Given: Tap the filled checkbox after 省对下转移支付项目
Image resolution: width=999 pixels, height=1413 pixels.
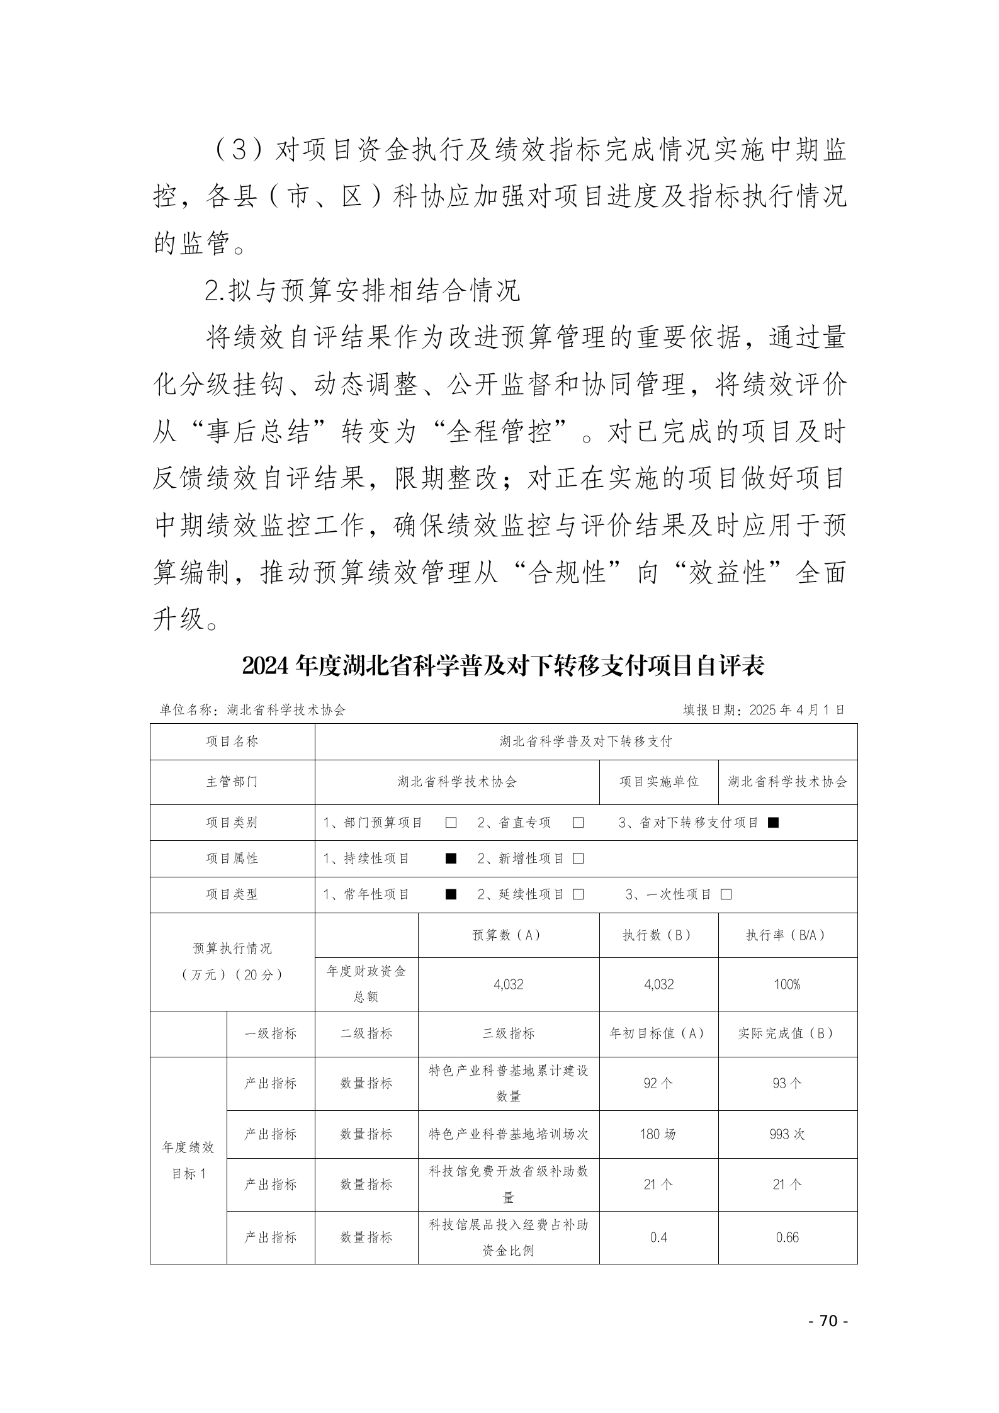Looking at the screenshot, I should coord(774,823).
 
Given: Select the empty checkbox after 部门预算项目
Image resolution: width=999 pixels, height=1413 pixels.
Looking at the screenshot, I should coord(451,823).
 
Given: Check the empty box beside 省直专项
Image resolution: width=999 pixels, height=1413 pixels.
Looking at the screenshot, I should coord(578,823).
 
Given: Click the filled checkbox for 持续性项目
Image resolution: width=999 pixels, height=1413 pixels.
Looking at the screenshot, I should coord(451,858).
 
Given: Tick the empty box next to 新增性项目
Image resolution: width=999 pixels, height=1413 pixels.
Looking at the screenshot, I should coord(578,858).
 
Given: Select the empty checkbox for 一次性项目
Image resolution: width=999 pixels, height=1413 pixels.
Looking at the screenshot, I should coord(726,894).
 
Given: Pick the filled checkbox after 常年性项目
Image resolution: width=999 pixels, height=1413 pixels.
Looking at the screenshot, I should coord(451,894).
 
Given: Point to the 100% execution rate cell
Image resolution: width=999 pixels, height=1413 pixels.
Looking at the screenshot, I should coord(787,984).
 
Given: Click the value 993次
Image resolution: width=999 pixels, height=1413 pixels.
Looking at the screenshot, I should coord(787,1134).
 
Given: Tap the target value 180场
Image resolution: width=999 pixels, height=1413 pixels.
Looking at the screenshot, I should coord(658,1134).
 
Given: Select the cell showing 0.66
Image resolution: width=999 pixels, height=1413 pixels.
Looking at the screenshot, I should coord(787,1237).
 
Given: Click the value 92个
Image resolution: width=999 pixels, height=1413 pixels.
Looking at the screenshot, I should coord(658,1083).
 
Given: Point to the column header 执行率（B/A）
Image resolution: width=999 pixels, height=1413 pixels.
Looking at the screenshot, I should coord(787,935).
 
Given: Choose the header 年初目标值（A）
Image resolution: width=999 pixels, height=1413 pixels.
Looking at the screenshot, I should coord(658,1033).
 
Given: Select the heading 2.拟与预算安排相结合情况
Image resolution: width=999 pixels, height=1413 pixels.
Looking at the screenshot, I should coord(363,291).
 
